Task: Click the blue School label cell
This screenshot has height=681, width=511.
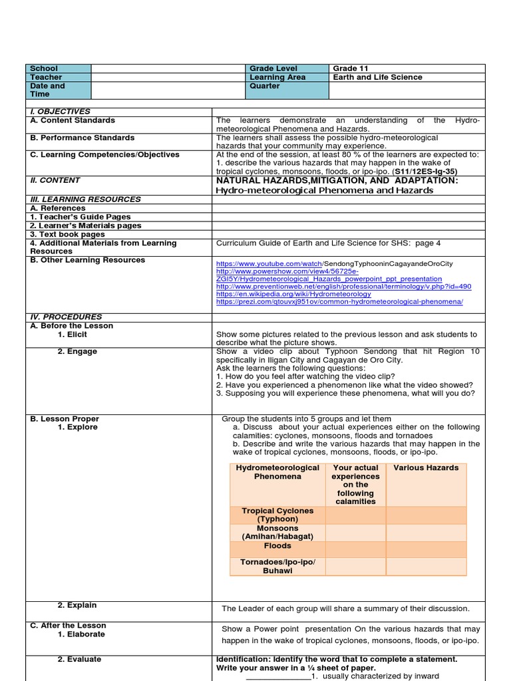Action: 58,68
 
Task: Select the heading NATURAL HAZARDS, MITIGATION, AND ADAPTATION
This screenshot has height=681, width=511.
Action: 337,180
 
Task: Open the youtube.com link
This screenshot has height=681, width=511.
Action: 269,264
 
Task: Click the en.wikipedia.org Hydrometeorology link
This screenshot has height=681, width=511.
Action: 293,294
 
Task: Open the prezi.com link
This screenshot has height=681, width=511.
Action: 339,301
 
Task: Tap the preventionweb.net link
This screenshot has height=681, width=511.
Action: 343,287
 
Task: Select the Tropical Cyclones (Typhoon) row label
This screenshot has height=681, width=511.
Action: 277,515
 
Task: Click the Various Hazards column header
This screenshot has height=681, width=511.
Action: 426,468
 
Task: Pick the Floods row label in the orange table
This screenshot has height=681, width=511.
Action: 277,546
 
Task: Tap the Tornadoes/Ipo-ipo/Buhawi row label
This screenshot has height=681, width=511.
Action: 277,566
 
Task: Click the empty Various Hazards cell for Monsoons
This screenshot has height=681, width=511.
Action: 426,532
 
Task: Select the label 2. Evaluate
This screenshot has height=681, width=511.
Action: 79,660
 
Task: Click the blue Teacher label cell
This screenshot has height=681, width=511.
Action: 58,77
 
